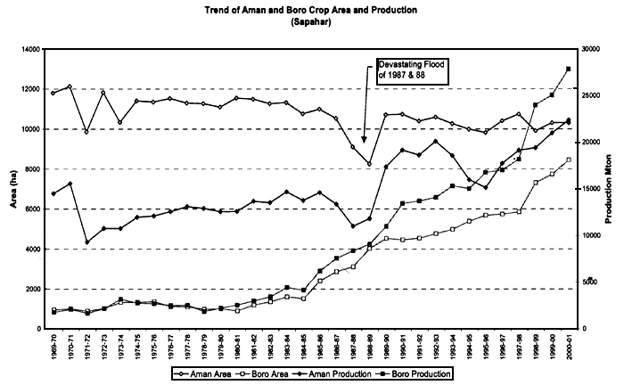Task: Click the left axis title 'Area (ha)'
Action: tap(13, 189)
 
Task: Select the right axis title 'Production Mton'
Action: tap(613, 189)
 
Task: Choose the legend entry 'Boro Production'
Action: tap(423, 372)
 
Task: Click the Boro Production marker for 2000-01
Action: tap(568, 69)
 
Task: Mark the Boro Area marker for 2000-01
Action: tap(568, 160)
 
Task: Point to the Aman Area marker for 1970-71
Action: tap(70, 86)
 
